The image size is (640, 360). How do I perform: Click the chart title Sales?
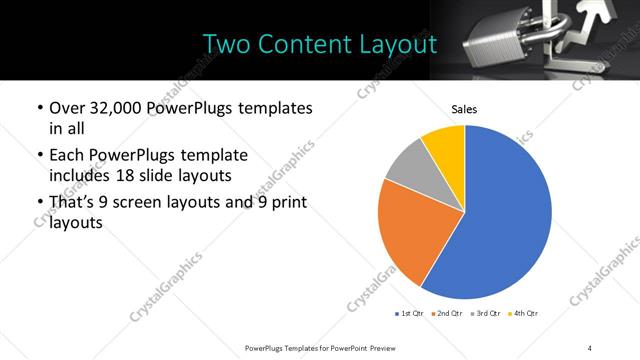click(464, 108)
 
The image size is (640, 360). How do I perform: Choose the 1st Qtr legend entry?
click(412, 313)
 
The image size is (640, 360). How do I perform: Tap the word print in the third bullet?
click(289, 202)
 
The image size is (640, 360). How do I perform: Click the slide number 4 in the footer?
click(590, 347)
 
